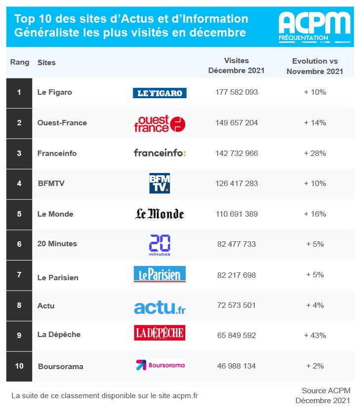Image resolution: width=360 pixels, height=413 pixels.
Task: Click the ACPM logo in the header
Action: [314, 26]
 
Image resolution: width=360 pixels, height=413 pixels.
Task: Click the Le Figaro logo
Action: [160, 93]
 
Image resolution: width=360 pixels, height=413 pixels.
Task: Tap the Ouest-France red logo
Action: [160, 123]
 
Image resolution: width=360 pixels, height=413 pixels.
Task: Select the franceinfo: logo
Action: [160, 153]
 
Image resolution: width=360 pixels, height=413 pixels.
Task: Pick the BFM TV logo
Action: [160, 183]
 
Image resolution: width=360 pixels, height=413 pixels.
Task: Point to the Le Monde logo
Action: [160, 214]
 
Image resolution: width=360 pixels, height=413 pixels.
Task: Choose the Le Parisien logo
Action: [160, 274]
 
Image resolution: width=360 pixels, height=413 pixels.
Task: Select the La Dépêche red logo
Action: [160, 333]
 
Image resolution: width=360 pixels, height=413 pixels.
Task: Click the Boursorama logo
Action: [160, 365]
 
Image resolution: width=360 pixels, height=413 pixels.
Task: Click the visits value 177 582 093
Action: [237, 92]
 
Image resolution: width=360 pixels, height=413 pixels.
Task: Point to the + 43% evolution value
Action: [315, 336]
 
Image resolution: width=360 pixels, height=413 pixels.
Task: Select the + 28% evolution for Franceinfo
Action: [315, 153]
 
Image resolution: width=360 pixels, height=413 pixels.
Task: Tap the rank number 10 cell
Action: [19, 366]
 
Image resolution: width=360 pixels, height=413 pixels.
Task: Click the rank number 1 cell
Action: [19, 92]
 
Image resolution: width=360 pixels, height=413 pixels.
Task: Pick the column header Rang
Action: [20, 63]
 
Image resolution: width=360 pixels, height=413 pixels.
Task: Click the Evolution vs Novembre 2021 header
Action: [315, 66]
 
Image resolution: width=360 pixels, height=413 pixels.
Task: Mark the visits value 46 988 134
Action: [237, 366]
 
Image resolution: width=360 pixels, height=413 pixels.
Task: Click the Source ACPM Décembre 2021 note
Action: [322, 395]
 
